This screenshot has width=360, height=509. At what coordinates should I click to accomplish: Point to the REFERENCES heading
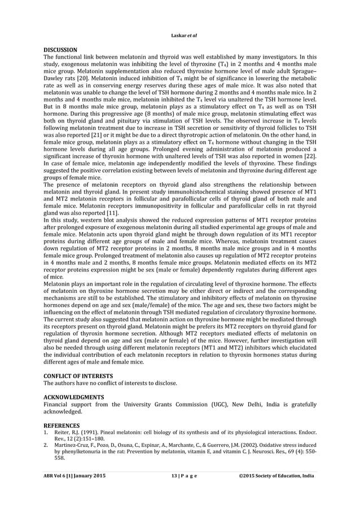coord(62,424)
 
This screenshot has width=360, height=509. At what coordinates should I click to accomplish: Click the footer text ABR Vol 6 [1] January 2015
coord(74,476)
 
